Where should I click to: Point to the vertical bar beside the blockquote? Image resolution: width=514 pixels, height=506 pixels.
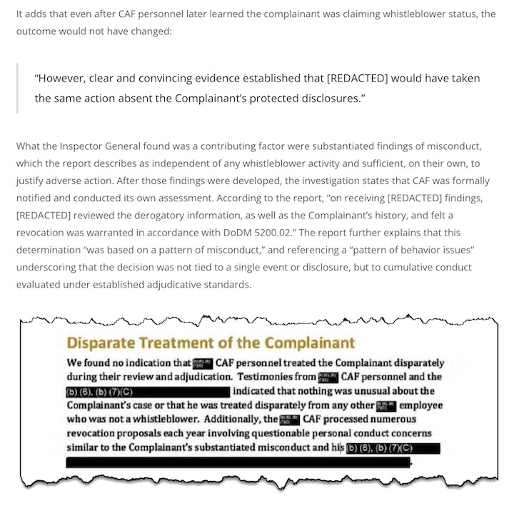pyautogui.click(x=18, y=88)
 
